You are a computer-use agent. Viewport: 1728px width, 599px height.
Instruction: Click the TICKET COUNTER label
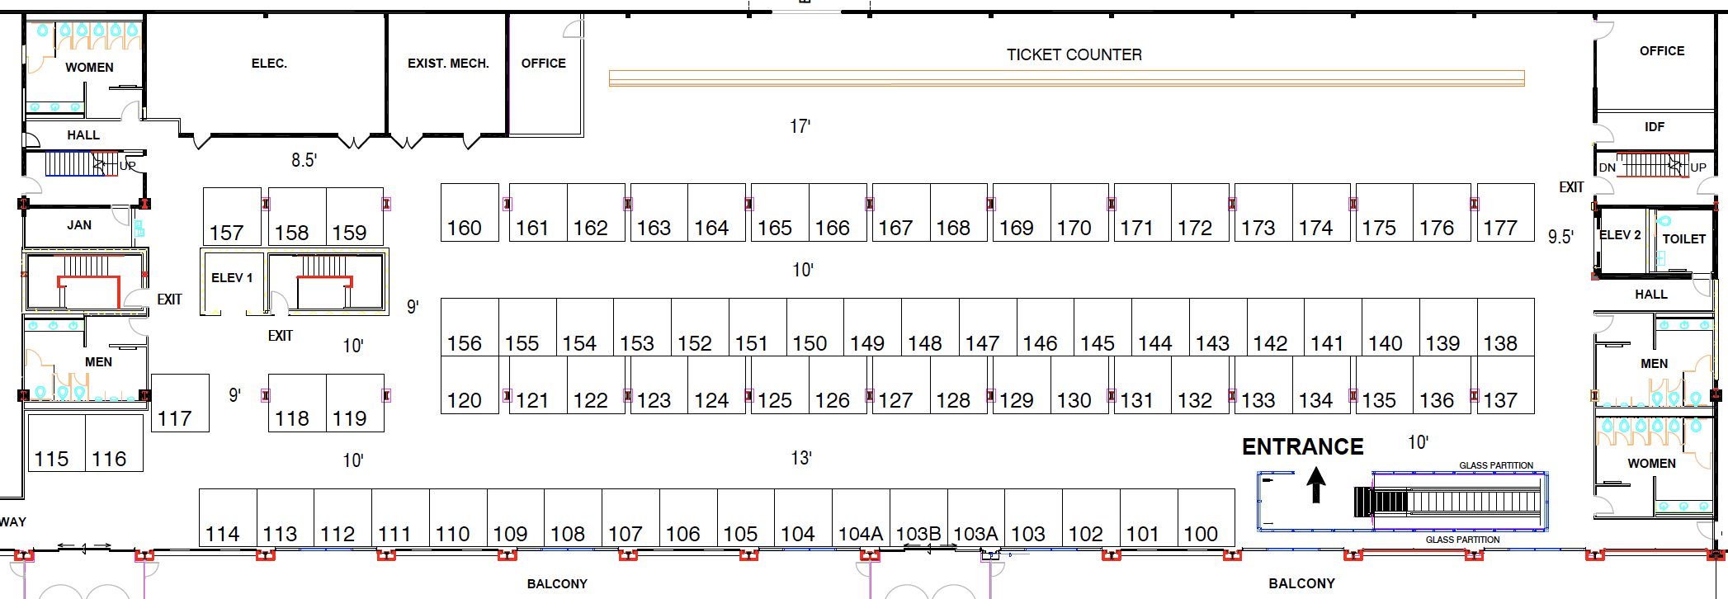pyautogui.click(x=1074, y=54)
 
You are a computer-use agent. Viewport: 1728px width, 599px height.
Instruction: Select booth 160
pyautogui.click(x=470, y=212)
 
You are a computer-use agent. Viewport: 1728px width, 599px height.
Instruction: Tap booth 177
pyautogui.click(x=1505, y=212)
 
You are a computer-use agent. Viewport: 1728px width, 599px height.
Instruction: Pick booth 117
pyautogui.click(x=180, y=403)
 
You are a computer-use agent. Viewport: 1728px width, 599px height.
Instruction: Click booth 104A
pyautogui.click(x=861, y=517)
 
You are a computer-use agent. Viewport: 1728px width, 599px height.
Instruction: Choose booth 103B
pyautogui.click(x=918, y=517)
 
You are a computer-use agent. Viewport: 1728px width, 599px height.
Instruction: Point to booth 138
pyautogui.click(x=1505, y=328)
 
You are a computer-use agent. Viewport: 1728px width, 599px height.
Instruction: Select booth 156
pyautogui.click(x=470, y=328)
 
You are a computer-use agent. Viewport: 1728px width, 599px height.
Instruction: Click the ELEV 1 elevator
pyautogui.click(x=232, y=278)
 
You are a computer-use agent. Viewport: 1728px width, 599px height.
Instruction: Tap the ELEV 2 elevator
pyautogui.click(x=1620, y=235)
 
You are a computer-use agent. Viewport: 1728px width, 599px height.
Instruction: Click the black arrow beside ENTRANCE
pyautogui.click(x=1316, y=485)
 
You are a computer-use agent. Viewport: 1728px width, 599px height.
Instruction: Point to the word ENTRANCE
pyautogui.click(x=1302, y=447)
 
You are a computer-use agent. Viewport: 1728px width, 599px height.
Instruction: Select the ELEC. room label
pyautogui.click(x=269, y=64)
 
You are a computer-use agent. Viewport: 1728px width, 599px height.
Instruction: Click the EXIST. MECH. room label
pyautogui.click(x=448, y=64)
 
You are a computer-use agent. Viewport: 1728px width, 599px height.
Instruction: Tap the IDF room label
pyautogui.click(x=1654, y=127)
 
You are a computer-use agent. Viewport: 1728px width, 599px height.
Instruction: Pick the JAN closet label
pyautogui.click(x=79, y=225)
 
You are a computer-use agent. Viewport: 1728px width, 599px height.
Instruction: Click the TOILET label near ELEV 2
pyautogui.click(x=1683, y=239)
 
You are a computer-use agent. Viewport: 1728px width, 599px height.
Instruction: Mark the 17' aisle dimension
pyautogui.click(x=800, y=126)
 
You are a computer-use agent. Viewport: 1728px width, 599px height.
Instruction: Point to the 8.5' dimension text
pyautogui.click(x=304, y=160)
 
